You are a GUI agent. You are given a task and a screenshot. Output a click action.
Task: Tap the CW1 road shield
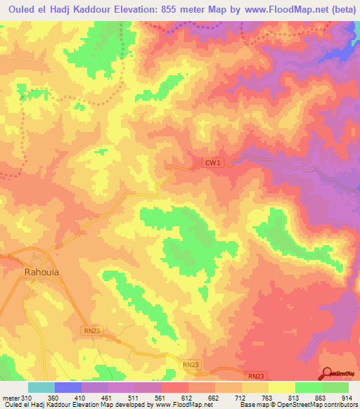coord(212,163)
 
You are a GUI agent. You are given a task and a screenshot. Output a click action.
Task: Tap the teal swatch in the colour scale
coord(41,387)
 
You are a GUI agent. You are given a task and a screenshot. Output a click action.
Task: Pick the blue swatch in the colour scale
coord(68,387)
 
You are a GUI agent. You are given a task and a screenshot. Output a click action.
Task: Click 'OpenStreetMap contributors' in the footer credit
coord(313,405)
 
